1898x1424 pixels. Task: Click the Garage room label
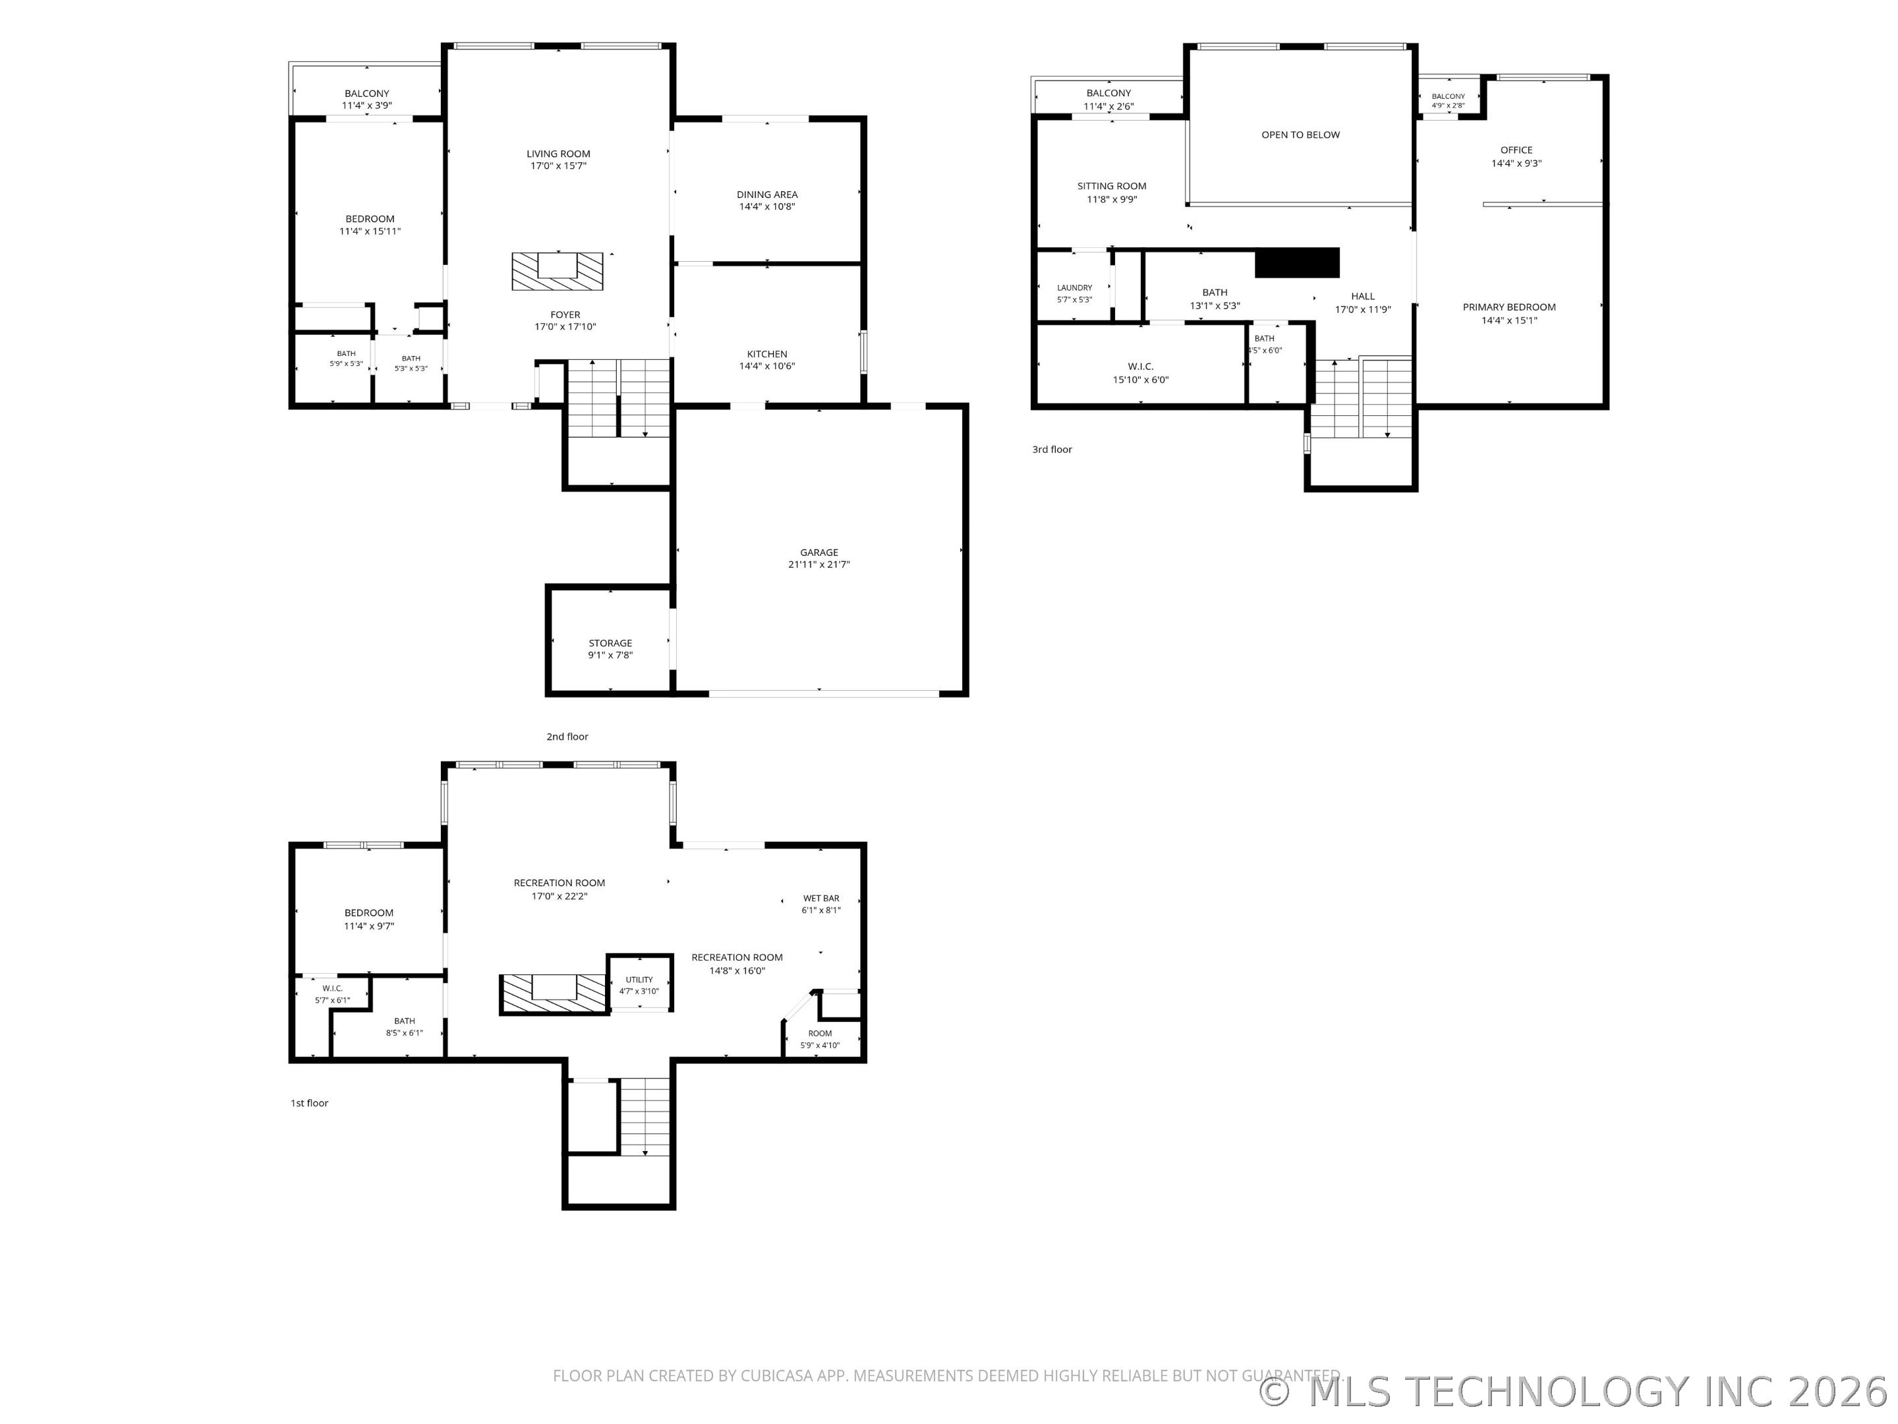(x=819, y=552)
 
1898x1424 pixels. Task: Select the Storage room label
(x=610, y=643)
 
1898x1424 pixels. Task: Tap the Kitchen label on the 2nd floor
(x=767, y=353)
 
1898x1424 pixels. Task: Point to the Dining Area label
(x=767, y=194)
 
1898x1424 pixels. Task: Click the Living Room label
(x=559, y=154)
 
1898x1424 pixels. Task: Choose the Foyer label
(x=565, y=314)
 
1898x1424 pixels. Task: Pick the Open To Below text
(x=1300, y=134)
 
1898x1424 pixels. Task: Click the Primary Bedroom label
(x=1509, y=307)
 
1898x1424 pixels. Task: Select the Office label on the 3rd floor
(x=1516, y=150)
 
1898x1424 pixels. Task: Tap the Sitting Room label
(x=1112, y=185)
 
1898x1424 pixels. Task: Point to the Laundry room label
(x=1074, y=287)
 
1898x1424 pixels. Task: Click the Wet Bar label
(x=821, y=898)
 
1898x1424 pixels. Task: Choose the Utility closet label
(x=639, y=980)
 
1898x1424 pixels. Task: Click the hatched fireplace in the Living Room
(x=558, y=271)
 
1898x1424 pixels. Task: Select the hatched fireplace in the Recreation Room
(x=555, y=994)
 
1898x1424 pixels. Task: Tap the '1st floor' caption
(x=310, y=1103)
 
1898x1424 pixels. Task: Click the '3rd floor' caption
(x=1052, y=449)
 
